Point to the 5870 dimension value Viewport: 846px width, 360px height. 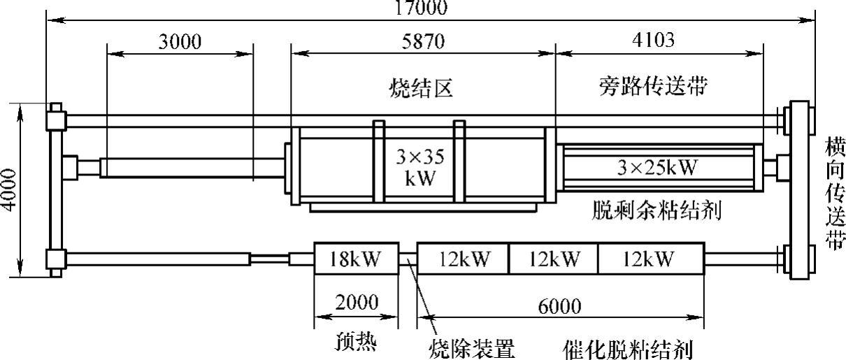coord(422,42)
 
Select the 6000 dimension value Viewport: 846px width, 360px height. coord(561,307)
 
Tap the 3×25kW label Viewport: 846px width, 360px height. coord(659,166)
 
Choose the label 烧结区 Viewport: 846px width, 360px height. coord(422,88)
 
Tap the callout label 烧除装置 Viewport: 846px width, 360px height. coord(471,347)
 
